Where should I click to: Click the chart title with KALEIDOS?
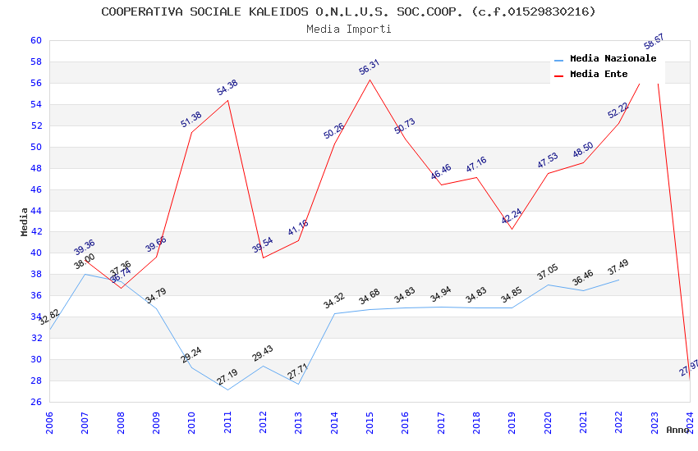tap(348, 11)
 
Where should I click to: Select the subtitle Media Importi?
tap(348, 29)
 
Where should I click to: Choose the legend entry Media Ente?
tap(599, 75)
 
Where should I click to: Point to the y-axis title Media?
tap(25, 221)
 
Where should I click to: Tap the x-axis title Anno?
tap(677, 430)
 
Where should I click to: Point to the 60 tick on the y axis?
tap(35, 40)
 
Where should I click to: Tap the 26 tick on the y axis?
tap(35, 402)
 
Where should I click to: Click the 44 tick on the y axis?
tap(35, 211)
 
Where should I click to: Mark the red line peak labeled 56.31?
tap(370, 80)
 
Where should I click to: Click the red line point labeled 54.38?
tap(227, 100)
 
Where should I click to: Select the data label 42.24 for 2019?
tap(512, 217)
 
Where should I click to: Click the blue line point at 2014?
tap(334, 313)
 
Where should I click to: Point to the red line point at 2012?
tap(263, 257)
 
